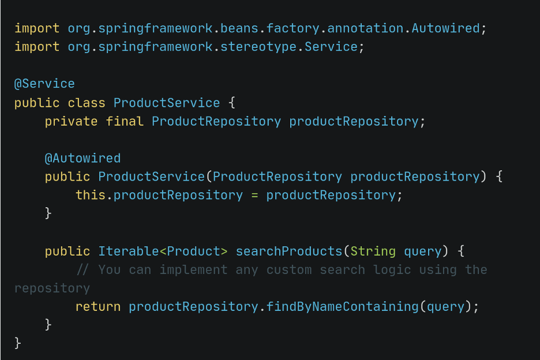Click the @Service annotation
pyautogui.click(x=44, y=84)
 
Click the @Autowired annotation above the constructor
pyautogui.click(x=82, y=158)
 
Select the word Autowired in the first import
pyautogui.click(x=445, y=28)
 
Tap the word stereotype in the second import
pyautogui.click(x=258, y=47)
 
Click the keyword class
pyautogui.click(x=87, y=103)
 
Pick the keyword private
pyautogui.click(x=71, y=122)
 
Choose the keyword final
pyautogui.click(x=124, y=121)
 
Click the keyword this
pyautogui.click(x=90, y=195)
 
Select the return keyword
pyautogui.click(x=98, y=306)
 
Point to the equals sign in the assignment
pyautogui.click(x=254, y=196)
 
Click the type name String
pyautogui.click(x=373, y=252)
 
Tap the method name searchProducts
pyautogui.click(x=288, y=251)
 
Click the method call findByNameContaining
pyautogui.click(x=342, y=306)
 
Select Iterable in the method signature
pyautogui.click(x=129, y=251)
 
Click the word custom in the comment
pyautogui.click(x=289, y=270)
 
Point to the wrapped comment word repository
pyautogui.click(x=52, y=288)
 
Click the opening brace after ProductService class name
pyautogui.click(x=232, y=103)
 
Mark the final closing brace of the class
pyautogui.click(x=17, y=343)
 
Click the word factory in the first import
pyautogui.click(x=292, y=28)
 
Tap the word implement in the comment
pyautogui.click(x=193, y=270)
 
